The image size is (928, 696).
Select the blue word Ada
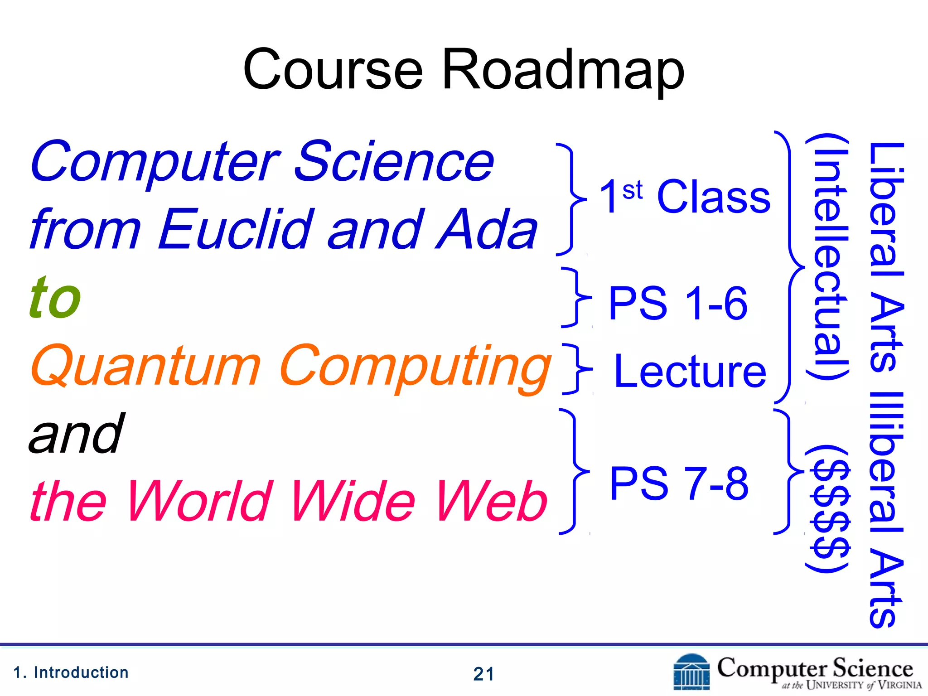tap(486, 230)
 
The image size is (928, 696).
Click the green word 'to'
tap(55, 298)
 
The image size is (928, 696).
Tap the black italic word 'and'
tap(76, 434)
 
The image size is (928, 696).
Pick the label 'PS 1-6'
tap(677, 303)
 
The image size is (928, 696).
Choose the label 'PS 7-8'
tap(678, 483)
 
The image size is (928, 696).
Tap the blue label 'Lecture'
tap(690, 372)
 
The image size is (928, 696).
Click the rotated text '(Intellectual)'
tap(827, 257)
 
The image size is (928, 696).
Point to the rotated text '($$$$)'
tap(827, 509)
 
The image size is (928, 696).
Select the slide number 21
tap(483, 674)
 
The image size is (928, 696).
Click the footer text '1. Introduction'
tap(71, 672)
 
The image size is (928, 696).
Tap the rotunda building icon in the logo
tap(691, 672)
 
